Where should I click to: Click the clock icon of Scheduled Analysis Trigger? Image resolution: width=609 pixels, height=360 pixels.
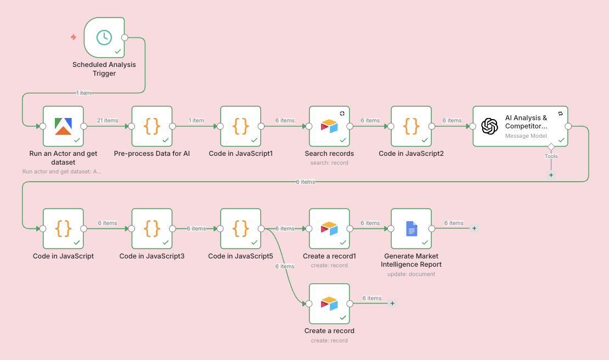104,37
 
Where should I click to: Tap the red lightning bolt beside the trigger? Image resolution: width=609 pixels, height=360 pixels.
74,37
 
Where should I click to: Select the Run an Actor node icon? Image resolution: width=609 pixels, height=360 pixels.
63,126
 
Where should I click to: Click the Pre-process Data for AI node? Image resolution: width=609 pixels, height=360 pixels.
152,126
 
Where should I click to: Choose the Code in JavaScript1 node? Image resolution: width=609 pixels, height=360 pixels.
241,126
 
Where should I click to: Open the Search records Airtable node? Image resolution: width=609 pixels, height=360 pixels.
329,126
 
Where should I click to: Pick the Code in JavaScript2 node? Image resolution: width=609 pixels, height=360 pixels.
411,126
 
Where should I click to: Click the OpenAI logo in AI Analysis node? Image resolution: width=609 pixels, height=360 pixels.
489,126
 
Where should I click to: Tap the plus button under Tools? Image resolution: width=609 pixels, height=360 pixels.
551,175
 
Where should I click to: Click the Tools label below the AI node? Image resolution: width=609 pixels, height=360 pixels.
551,156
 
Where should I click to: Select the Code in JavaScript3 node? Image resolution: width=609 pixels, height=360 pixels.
152,228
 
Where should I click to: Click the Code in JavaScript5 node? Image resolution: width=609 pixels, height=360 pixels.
241,228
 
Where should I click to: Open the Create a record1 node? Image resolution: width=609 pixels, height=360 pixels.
329,228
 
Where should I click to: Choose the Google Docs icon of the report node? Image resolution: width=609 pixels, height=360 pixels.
411,228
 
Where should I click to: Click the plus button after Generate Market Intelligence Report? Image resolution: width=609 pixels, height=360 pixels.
475,228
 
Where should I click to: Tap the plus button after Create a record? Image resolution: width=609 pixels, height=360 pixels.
392,303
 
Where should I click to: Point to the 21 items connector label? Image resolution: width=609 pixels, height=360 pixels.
108,121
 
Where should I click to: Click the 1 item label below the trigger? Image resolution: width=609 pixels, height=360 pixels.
84,93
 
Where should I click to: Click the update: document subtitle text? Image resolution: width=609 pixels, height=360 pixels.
411,274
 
